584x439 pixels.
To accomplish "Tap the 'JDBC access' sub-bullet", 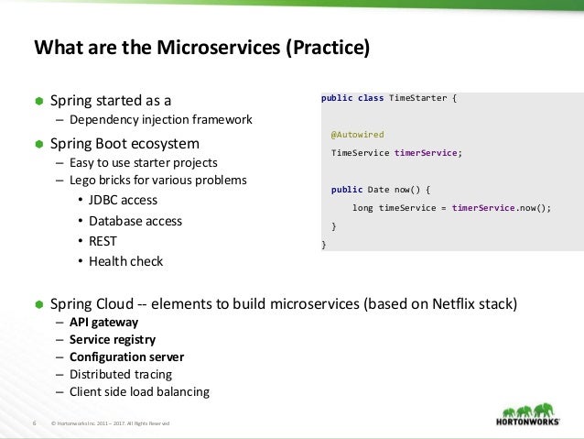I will click(124, 200).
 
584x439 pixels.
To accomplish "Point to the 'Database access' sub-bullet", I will click(135, 221).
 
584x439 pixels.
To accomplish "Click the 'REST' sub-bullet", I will click(103, 241).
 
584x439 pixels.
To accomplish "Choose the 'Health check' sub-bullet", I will click(126, 261).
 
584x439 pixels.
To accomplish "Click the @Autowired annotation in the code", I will click(357, 134).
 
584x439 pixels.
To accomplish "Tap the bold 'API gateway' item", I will click(103, 322).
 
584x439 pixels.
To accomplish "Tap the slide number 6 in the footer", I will click(34, 423).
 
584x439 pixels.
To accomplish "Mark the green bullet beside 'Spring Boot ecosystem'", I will click(39, 145).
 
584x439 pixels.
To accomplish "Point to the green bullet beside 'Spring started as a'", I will click(39, 100).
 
